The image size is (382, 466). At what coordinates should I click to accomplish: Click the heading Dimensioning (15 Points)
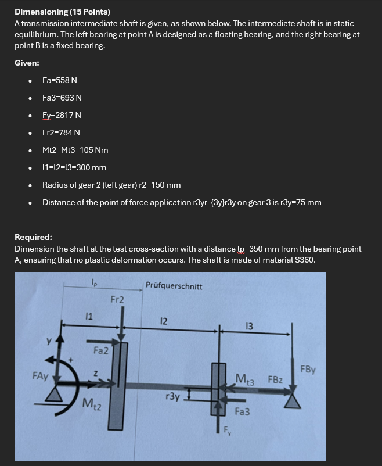pyautogui.click(x=62, y=12)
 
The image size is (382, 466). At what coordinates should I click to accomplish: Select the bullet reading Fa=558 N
pyautogui.click(x=60, y=80)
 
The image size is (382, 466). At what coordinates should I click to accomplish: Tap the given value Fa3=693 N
pyautogui.click(x=62, y=98)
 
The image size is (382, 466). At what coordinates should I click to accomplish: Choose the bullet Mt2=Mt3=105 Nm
pyautogui.click(x=75, y=150)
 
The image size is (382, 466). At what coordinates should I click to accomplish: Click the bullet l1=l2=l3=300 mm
pyautogui.click(x=74, y=167)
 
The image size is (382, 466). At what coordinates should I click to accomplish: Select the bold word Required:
pyautogui.click(x=34, y=237)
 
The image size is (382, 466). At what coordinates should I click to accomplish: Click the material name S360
pyautogui.click(x=304, y=260)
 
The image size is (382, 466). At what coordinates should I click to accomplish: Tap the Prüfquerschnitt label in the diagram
pyautogui.click(x=174, y=286)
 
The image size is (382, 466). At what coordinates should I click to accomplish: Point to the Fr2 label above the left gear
pyautogui.click(x=117, y=300)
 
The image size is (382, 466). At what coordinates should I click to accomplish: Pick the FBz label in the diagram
pyautogui.click(x=276, y=380)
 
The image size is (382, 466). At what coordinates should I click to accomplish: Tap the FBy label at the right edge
pyautogui.click(x=308, y=368)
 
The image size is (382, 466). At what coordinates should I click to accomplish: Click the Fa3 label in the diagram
pyautogui.click(x=243, y=411)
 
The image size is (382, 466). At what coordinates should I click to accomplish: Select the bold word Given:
pyautogui.click(x=27, y=62)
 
